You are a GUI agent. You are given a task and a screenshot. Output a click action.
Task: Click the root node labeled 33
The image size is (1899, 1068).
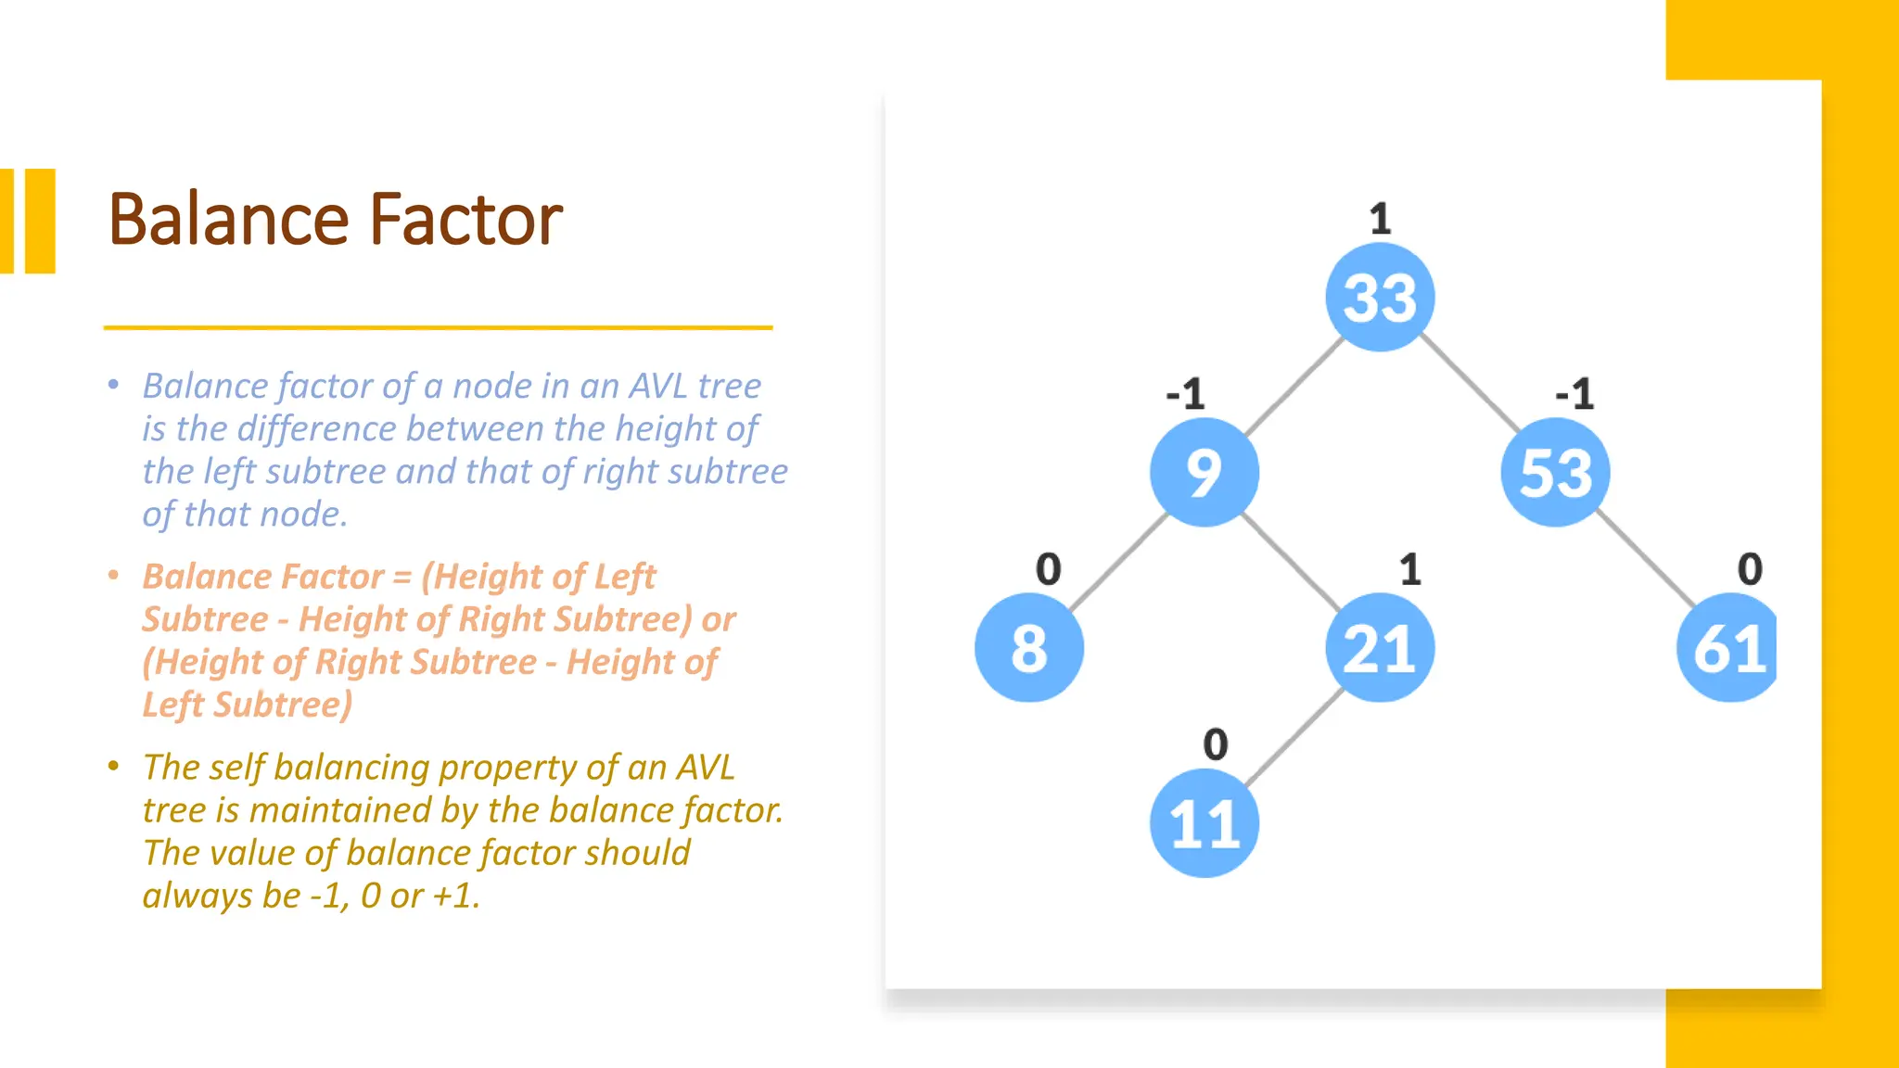[x=1380, y=298]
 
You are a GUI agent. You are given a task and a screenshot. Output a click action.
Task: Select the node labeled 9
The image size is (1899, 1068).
[x=1204, y=473]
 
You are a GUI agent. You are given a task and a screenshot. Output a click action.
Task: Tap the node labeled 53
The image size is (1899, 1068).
[x=1555, y=473]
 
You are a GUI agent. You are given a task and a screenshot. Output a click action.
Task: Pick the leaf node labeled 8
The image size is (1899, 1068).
[x=1028, y=648]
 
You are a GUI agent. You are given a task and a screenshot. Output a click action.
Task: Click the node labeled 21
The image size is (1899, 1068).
[x=1380, y=648]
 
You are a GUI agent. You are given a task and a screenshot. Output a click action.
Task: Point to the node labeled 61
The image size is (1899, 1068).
[x=1727, y=648]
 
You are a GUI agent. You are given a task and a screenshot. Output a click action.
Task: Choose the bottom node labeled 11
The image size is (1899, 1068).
[x=1204, y=823]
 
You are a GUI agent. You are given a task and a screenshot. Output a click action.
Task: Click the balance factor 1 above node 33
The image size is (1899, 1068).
[x=1380, y=220]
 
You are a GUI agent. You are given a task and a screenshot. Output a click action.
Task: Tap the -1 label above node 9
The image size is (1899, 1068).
[x=1186, y=394]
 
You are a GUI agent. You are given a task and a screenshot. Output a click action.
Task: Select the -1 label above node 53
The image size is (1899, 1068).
[x=1574, y=394]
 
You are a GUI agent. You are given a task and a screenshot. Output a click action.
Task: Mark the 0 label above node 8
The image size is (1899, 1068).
[x=1048, y=569]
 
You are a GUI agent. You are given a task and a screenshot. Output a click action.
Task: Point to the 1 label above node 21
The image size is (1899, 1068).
[x=1409, y=569]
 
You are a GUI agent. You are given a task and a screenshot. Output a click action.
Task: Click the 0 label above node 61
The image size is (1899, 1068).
[x=1750, y=569]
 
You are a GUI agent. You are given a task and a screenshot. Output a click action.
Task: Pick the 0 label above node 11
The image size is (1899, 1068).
[x=1215, y=744]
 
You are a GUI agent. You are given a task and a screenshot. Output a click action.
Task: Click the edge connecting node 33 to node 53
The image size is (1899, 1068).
[x=1469, y=385]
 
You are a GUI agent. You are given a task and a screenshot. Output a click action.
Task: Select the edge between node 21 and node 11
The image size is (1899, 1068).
[x=1293, y=736]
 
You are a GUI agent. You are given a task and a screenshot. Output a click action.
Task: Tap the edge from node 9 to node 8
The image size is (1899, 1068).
[x=1116, y=561]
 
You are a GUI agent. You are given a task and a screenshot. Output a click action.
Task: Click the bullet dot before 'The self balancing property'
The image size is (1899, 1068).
[x=113, y=767]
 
